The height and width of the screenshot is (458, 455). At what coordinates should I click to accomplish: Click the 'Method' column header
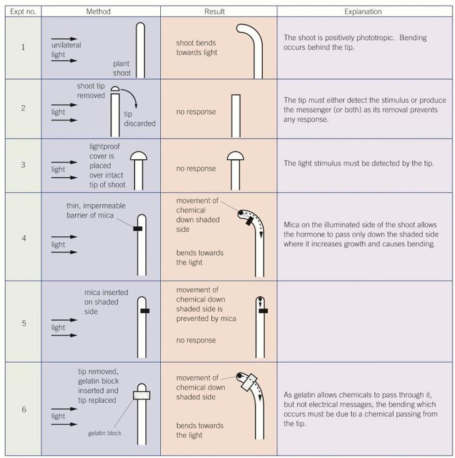[x=100, y=11]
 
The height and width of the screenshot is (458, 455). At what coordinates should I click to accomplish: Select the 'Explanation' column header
[x=363, y=11]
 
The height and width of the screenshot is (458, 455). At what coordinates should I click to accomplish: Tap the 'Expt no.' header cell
[x=22, y=11]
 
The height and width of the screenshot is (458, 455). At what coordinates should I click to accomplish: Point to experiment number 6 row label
[x=23, y=410]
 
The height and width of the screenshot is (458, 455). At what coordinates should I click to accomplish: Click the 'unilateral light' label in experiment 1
[x=66, y=49]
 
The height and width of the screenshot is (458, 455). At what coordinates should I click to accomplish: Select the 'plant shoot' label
[x=122, y=68]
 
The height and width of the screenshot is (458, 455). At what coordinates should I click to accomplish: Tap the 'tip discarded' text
[x=139, y=119]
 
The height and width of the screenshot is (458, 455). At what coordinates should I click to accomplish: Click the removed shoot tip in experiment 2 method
[x=115, y=89]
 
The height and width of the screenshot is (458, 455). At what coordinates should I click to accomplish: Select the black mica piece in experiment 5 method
[x=145, y=310]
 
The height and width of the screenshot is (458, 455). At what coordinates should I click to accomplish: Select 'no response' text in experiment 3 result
[x=196, y=169]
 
